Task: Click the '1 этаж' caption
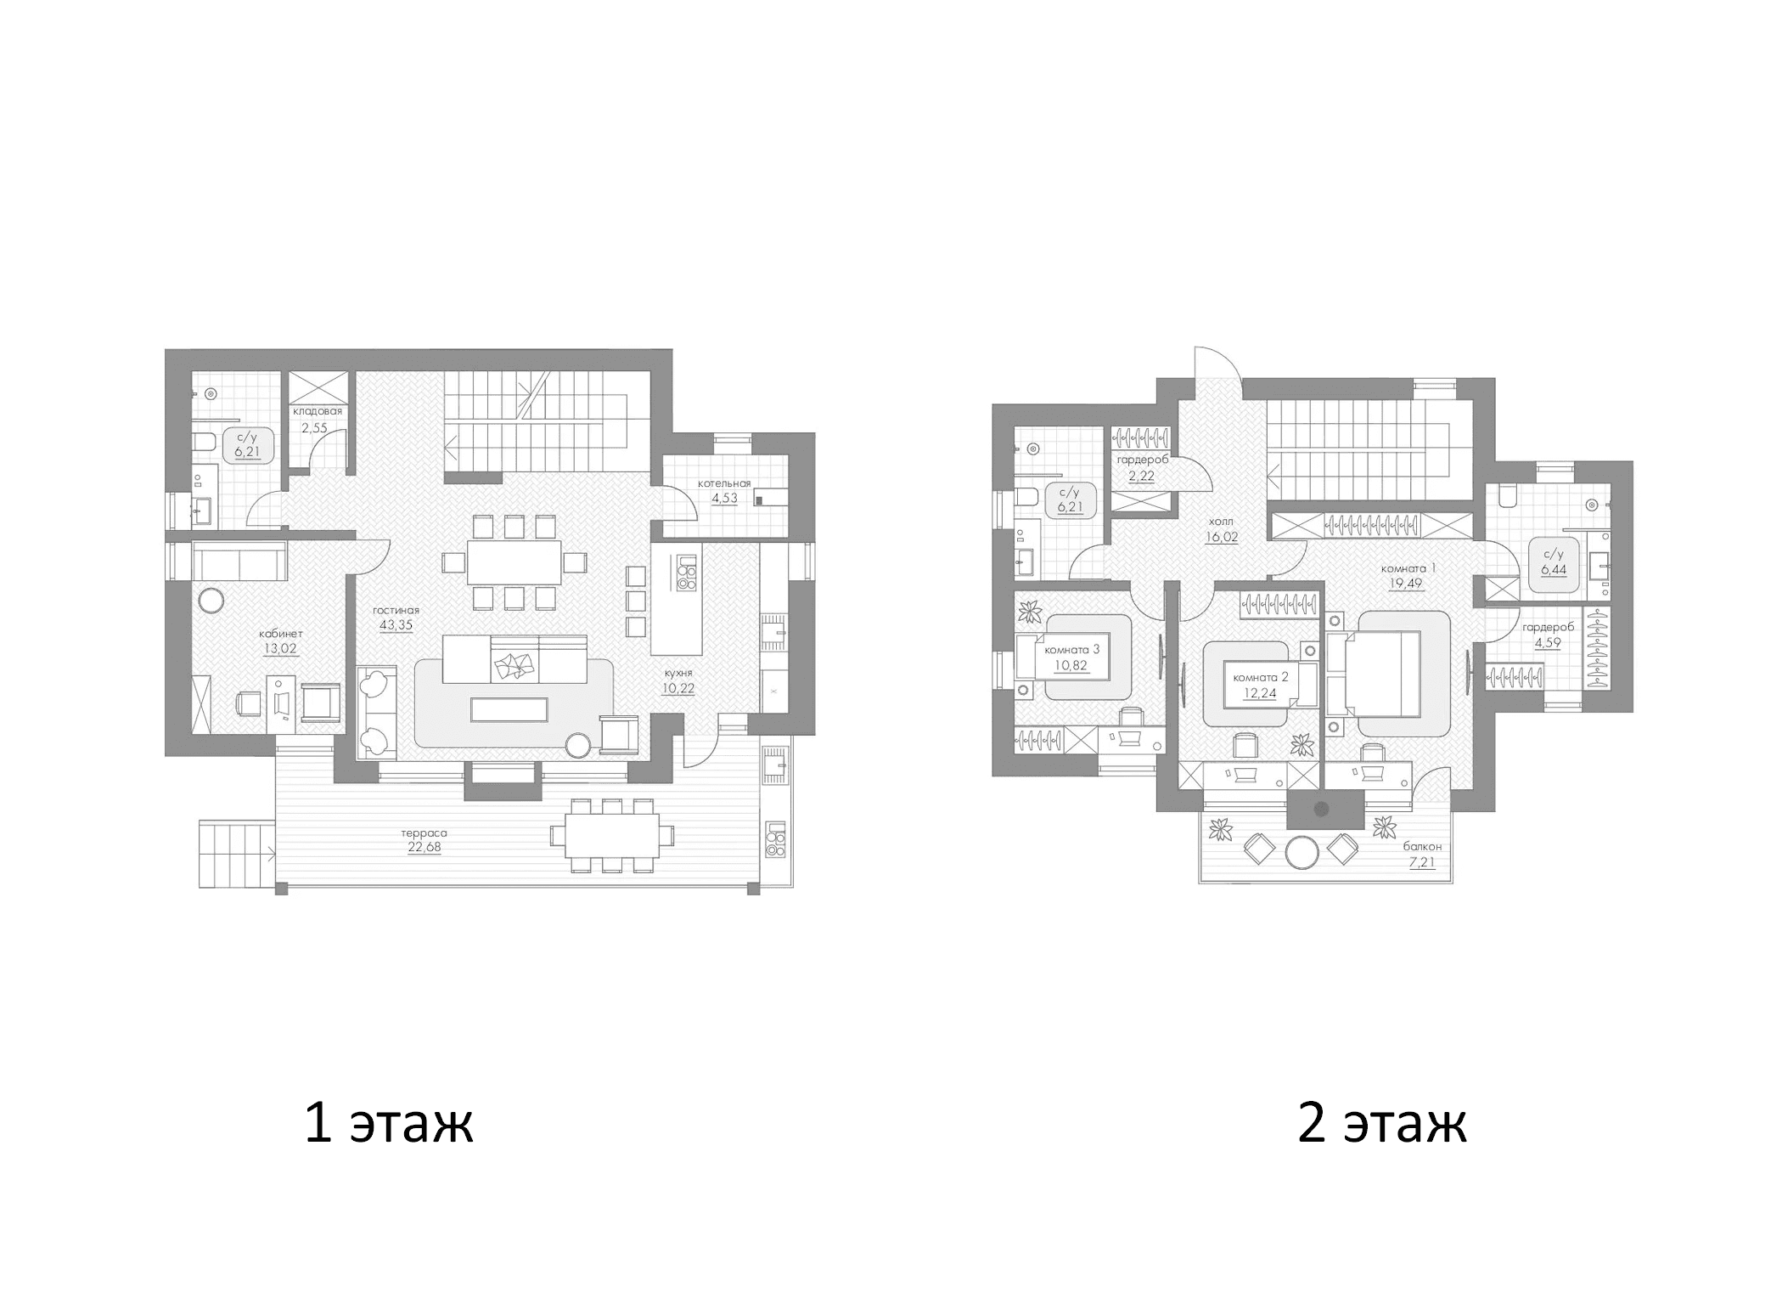tap(389, 1124)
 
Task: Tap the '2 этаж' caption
tap(1381, 1124)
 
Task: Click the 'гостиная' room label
tap(396, 610)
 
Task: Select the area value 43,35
tap(396, 624)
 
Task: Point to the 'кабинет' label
tap(280, 634)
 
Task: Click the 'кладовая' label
tap(318, 411)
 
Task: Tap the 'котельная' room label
tap(724, 483)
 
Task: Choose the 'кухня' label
tap(678, 673)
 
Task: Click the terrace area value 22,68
tap(424, 847)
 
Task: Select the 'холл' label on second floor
tap(1221, 522)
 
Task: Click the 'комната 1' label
tap(1408, 568)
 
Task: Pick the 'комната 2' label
tap(1261, 677)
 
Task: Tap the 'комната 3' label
tap(1071, 650)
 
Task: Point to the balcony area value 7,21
tap(1422, 862)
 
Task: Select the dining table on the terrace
tap(611, 835)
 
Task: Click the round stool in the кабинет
tap(211, 601)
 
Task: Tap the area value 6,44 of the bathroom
tap(1553, 570)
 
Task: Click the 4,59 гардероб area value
tap(1547, 642)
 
